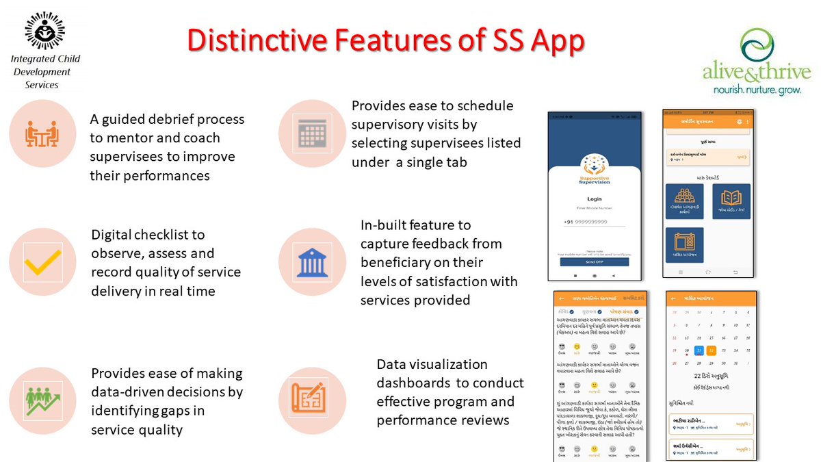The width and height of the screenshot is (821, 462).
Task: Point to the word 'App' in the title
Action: [558, 41]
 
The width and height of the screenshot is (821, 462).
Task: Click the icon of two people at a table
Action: [43, 133]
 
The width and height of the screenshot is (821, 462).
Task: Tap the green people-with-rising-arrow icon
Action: [43, 400]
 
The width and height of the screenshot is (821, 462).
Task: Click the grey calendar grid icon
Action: [312, 133]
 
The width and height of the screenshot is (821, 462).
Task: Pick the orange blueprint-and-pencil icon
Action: [312, 400]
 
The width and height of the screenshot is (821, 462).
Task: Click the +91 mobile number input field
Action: [594, 222]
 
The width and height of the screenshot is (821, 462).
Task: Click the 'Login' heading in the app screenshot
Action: [594, 199]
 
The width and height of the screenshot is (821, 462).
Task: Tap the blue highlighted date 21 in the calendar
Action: [699, 350]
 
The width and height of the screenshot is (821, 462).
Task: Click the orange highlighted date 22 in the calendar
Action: [712, 350]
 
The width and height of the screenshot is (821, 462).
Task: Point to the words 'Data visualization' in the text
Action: [432, 364]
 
